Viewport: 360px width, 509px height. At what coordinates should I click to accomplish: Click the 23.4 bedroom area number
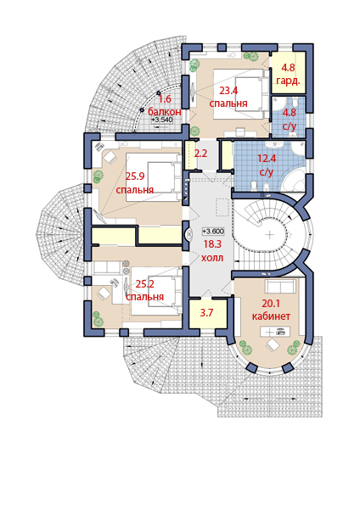(228, 91)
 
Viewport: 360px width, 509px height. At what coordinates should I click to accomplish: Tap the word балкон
(165, 112)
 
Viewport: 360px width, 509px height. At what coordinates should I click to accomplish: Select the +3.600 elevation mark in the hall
(213, 232)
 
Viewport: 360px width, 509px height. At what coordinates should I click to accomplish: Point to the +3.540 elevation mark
(162, 120)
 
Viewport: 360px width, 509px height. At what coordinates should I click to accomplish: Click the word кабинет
(271, 316)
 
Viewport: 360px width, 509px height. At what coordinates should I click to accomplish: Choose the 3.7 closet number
(206, 313)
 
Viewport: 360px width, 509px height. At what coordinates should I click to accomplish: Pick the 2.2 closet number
(200, 154)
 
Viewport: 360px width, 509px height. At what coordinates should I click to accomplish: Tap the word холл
(212, 258)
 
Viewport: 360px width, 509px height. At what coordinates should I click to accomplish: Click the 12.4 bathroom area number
(267, 159)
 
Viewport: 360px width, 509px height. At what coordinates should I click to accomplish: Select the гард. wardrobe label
(288, 81)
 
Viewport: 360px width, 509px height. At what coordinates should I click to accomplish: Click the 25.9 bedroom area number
(135, 176)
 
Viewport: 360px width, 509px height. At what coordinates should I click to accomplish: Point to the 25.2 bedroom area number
(145, 284)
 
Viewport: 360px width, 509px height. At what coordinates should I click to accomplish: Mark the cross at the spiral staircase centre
(270, 235)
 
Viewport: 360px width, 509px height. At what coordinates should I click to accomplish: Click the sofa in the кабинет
(281, 286)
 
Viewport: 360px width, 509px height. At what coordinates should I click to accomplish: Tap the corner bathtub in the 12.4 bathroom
(296, 179)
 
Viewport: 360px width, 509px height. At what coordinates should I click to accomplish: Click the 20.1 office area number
(271, 304)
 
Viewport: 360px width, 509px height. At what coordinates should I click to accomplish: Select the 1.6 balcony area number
(165, 99)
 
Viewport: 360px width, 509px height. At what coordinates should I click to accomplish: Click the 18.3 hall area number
(212, 244)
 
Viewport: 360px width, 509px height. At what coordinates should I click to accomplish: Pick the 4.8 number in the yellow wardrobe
(288, 68)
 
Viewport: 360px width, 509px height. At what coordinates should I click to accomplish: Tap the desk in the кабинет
(275, 332)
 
